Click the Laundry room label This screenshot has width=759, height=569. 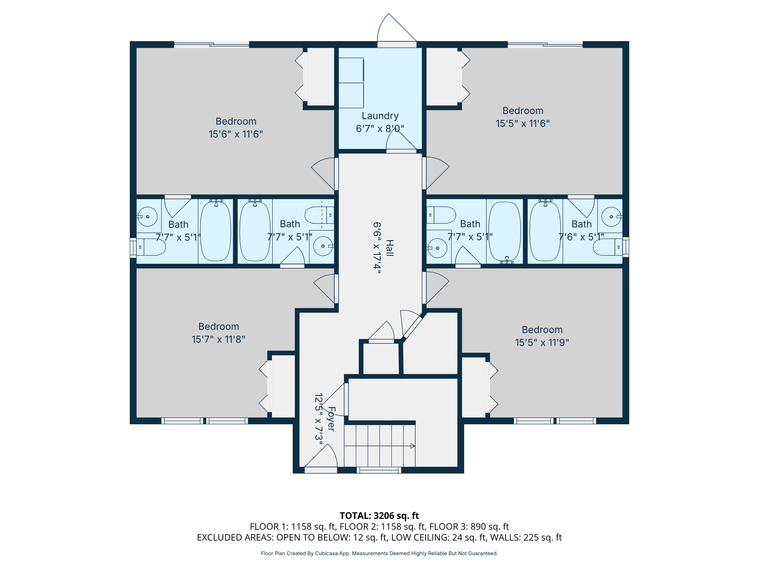[x=380, y=116]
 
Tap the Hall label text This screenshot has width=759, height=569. [x=389, y=248]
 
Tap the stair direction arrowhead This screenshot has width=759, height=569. [x=413, y=446]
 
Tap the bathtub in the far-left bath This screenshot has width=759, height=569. [x=216, y=231]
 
